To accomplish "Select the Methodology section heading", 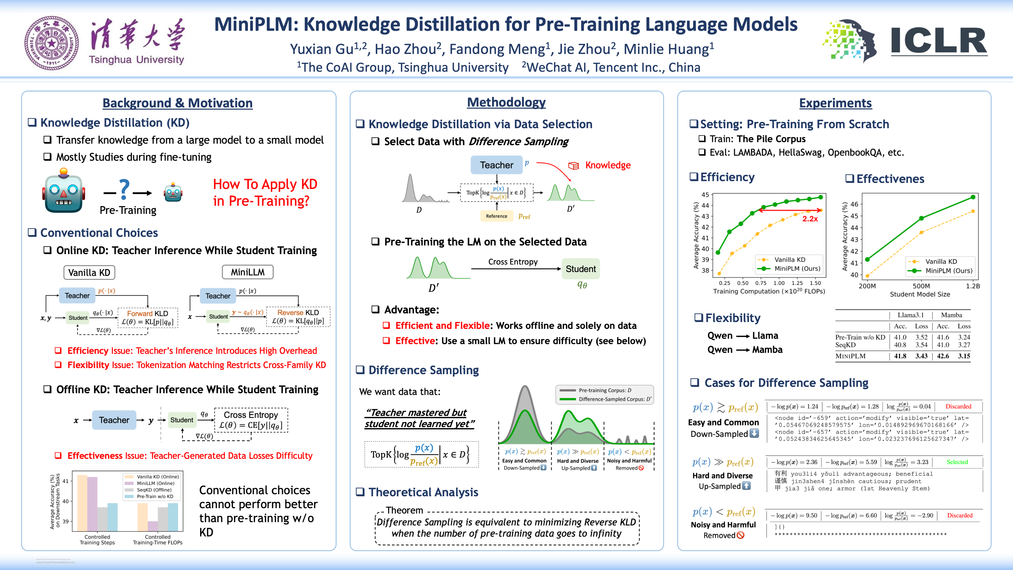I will (506, 102).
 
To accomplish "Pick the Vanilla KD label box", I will (89, 273).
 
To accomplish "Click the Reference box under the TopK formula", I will (496, 216).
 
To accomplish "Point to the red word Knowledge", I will (608, 165).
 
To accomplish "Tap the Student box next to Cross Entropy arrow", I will (580, 269).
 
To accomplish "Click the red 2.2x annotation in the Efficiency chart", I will (810, 219).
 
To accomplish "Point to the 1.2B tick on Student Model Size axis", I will (972, 286).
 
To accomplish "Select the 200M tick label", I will (867, 286).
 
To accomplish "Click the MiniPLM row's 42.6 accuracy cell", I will (943, 356).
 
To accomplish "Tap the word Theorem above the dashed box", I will (404, 510).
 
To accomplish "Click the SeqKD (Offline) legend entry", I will (154, 490).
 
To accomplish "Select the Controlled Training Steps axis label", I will (97, 540).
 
